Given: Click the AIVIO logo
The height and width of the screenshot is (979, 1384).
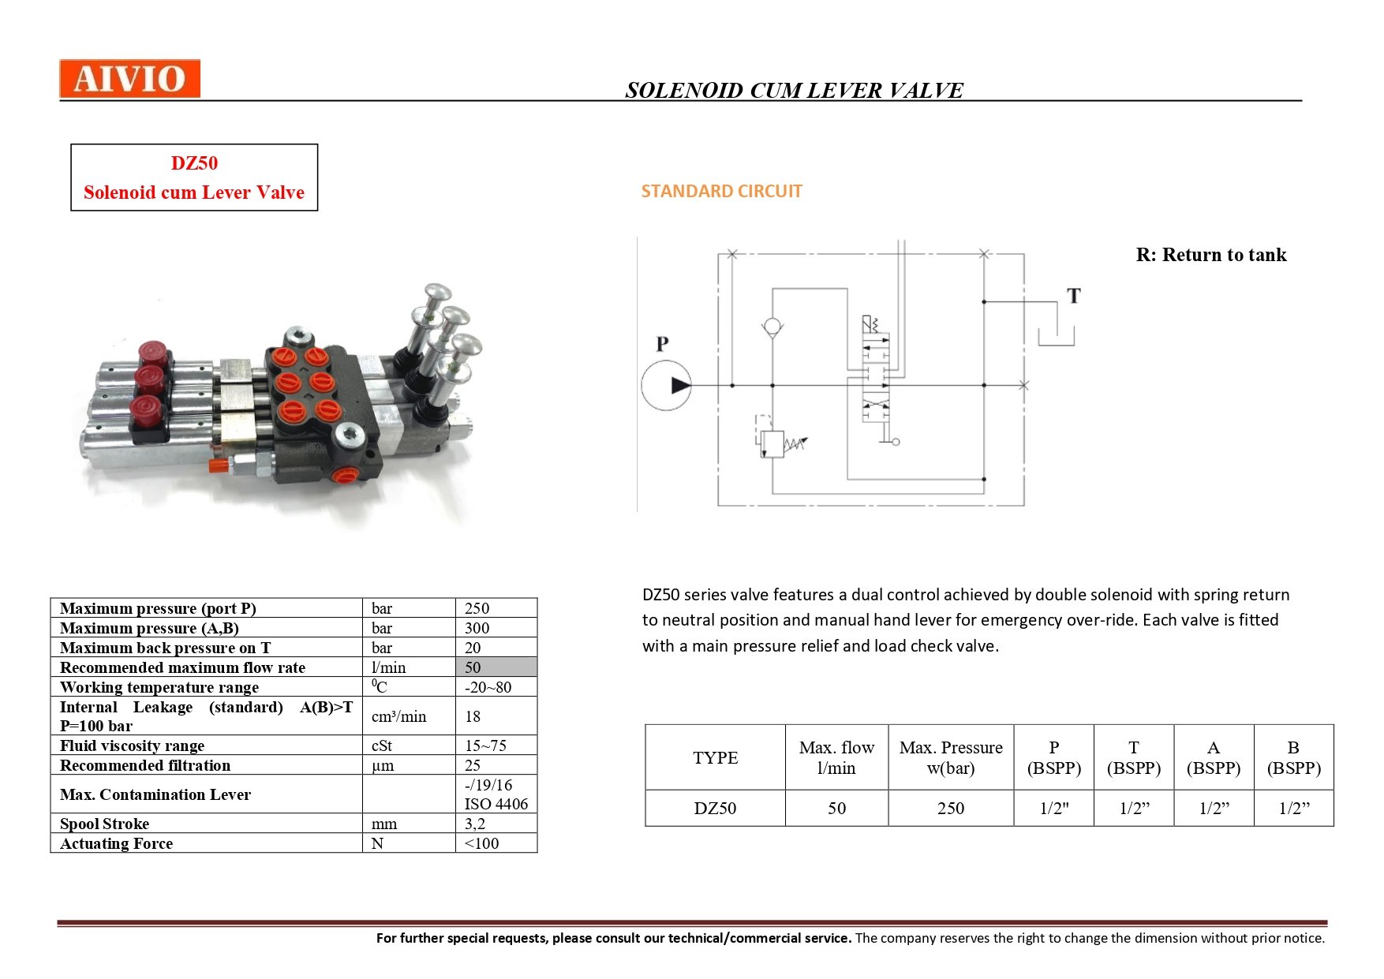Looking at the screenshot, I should point(129,79).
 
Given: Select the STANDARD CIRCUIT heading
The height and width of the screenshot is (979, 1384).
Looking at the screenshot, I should point(721,191).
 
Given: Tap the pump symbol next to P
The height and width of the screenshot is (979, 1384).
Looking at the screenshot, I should point(667,386).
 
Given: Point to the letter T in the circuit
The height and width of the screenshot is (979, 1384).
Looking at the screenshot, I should point(1073,296).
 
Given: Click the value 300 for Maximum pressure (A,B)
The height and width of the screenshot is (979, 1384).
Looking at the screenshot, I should point(477,628).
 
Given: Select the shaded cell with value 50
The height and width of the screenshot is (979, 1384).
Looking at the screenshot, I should point(496,667).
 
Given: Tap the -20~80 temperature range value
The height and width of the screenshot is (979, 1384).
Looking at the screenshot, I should point(488,687).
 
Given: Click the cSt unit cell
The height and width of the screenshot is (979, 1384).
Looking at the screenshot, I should point(382,745).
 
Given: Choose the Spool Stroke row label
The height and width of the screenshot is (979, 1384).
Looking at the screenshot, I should point(105,824).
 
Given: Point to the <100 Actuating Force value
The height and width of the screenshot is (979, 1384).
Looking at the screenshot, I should point(481,843).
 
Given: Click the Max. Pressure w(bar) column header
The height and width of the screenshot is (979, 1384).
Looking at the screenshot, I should point(951,757).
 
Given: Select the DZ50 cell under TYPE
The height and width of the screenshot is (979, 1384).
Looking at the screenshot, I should point(715,808).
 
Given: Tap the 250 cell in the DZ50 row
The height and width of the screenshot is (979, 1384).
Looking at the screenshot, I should point(951,808).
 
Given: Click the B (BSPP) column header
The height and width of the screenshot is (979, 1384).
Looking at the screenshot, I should point(1293,757).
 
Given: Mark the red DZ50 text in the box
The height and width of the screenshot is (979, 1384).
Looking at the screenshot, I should point(194,163).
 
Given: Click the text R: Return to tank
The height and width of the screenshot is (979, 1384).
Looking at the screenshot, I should point(1211,255).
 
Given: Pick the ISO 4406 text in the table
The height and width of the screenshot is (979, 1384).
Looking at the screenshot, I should point(496,804).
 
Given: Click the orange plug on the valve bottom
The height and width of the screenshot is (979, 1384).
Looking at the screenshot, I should point(345,475).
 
